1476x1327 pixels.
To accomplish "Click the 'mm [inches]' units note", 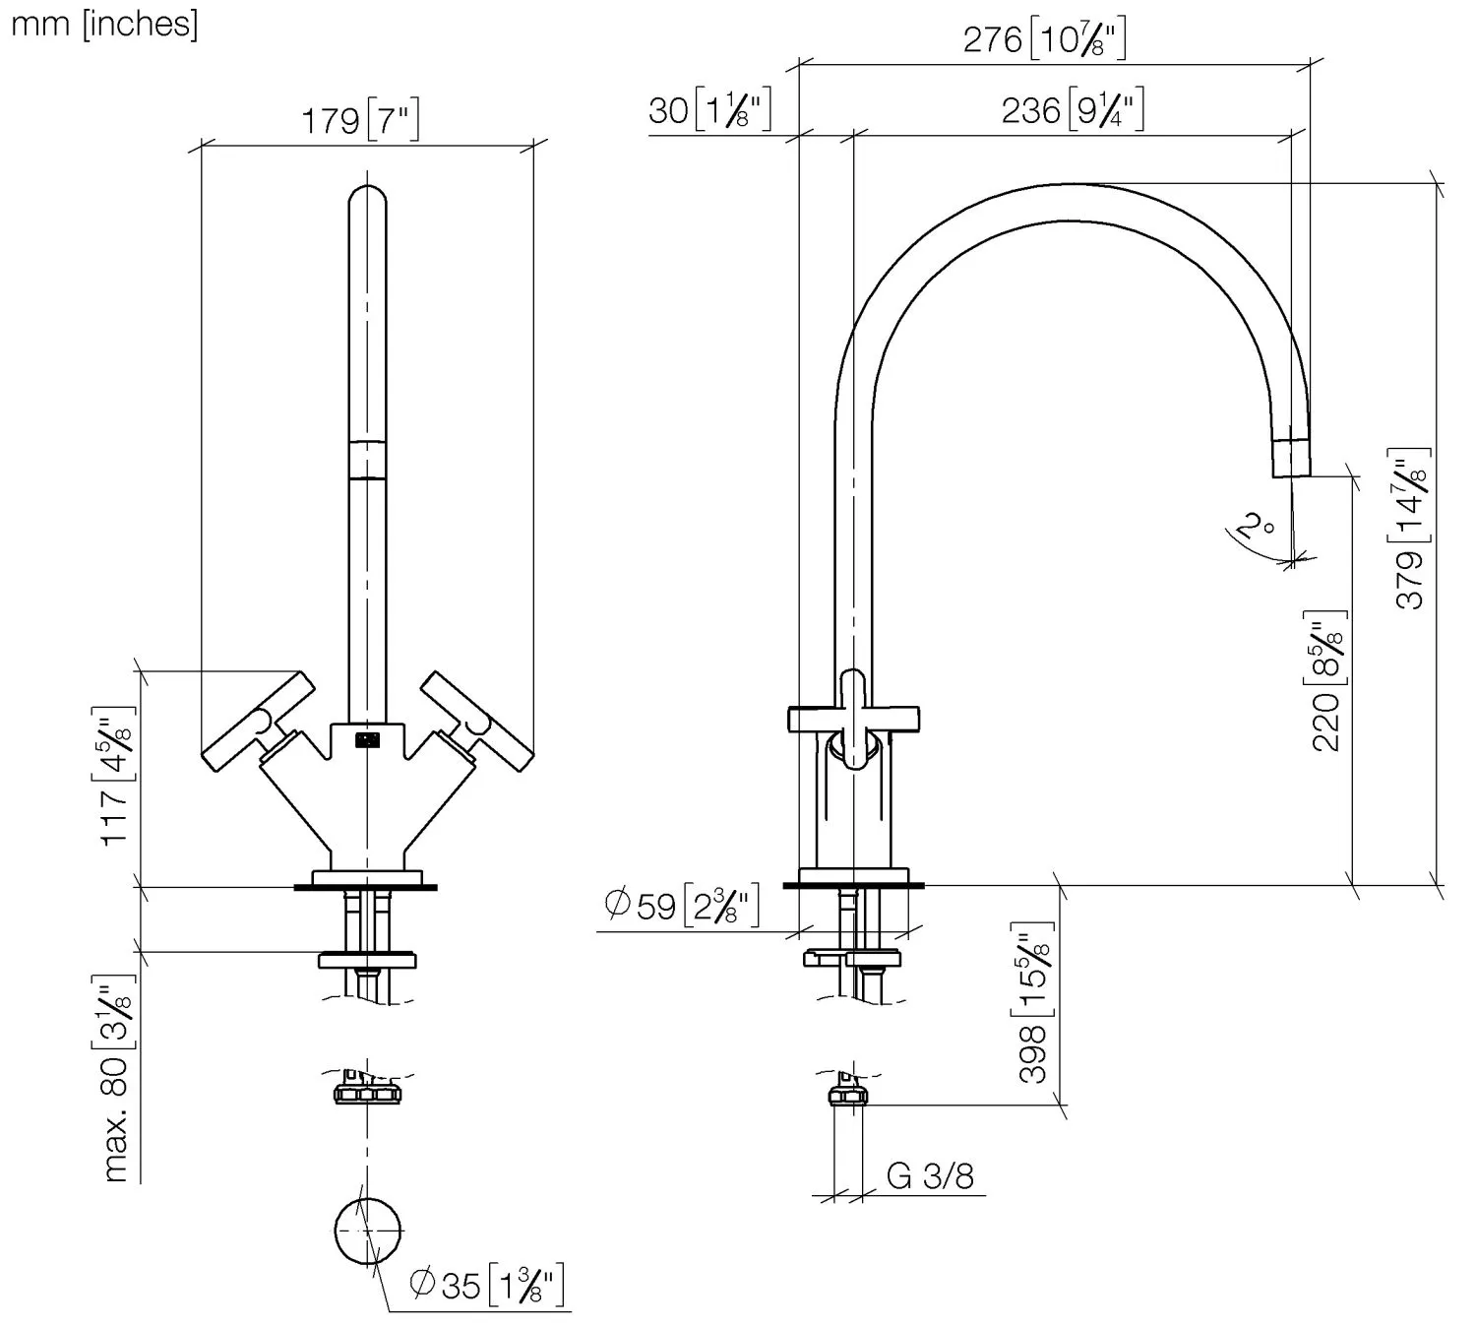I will (x=103, y=24).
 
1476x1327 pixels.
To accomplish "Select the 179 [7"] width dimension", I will (x=360, y=122).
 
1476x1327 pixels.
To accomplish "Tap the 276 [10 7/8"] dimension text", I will (x=1044, y=40).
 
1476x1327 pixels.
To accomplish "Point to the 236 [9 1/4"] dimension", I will (x=1073, y=109).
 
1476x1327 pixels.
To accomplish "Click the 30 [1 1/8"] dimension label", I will (x=708, y=109).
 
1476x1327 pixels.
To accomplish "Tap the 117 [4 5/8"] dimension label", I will (x=116, y=775).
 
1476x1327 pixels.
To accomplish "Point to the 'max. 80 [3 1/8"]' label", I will (x=116, y=1077).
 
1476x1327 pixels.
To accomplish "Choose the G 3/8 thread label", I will (x=930, y=1175).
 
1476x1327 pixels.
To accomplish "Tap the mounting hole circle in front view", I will (x=367, y=1232).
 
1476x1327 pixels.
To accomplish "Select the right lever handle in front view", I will (x=477, y=722).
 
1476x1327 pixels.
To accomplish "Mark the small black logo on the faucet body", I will (x=367, y=740).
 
